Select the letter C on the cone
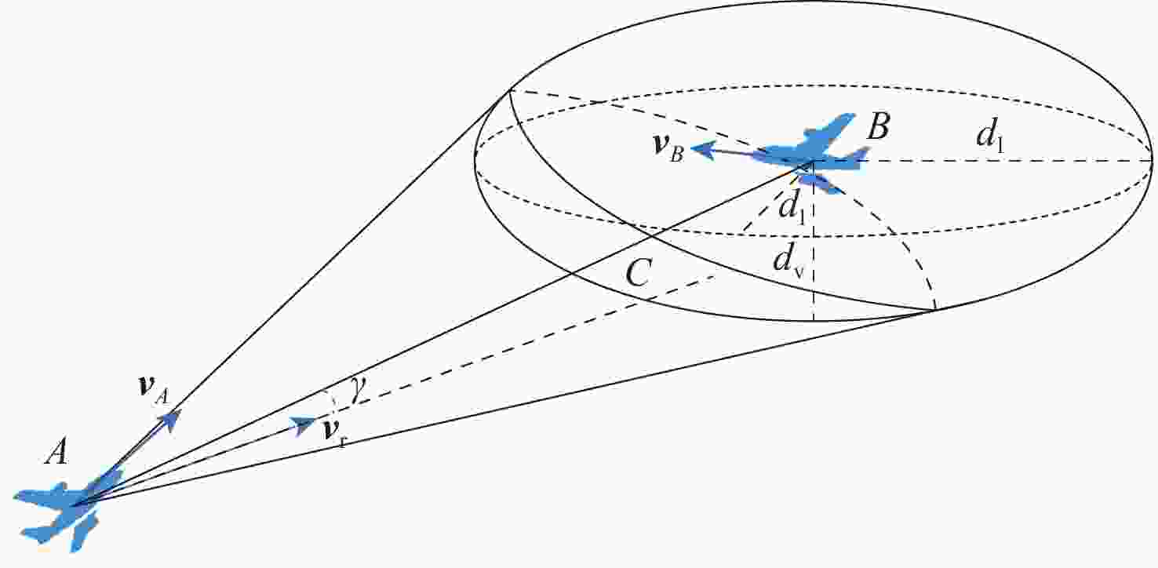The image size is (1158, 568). (x=637, y=273)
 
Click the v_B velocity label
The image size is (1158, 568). (x=669, y=147)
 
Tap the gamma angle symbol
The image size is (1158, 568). (x=356, y=390)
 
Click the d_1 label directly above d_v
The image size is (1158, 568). (x=792, y=207)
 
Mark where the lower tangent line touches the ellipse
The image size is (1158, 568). (x=934, y=310)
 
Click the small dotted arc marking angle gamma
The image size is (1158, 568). (x=334, y=398)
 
